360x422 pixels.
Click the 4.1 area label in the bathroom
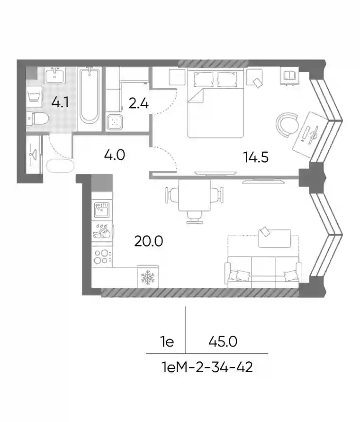60,102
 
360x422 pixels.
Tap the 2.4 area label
138,103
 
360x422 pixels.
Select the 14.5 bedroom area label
256,157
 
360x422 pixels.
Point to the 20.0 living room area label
149,241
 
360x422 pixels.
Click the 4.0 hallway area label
115,156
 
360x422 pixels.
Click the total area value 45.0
223,342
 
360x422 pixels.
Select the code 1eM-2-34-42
207,367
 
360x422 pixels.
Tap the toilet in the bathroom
37,119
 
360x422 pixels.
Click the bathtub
89,96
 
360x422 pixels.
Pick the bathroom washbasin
55,75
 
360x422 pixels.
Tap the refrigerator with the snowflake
148,276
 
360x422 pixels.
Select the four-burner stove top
102,257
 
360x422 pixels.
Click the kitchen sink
102,210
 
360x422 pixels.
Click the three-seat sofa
263,272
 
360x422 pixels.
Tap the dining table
194,195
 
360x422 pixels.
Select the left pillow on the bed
203,79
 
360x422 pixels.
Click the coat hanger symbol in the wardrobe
34,154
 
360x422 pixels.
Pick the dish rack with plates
102,231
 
